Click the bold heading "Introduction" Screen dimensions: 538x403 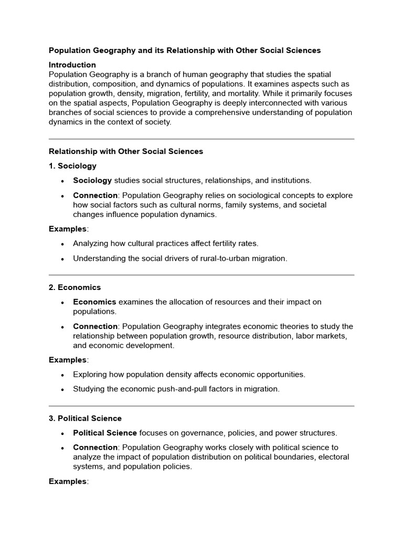[72, 65]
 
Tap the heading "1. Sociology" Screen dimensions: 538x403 [72, 166]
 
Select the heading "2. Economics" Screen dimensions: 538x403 [75, 287]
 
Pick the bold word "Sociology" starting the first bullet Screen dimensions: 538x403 [92, 181]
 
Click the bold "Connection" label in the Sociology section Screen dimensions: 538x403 [95, 195]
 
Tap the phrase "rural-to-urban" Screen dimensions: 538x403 [221, 258]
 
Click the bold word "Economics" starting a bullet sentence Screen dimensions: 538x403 [94, 302]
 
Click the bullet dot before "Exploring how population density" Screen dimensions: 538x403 [62, 375]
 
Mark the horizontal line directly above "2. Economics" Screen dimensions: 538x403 [201, 275]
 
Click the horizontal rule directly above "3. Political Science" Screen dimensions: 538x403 [201, 406]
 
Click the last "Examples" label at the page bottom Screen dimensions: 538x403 [68, 482]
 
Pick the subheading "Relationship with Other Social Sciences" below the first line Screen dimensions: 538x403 [126, 151]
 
